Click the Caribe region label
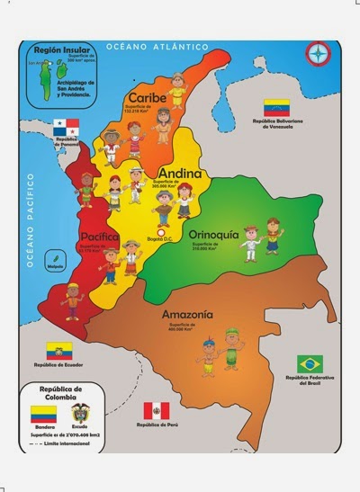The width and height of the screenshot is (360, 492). [145, 97]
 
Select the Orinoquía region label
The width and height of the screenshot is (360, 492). [213, 235]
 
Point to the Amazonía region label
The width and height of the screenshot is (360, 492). [187, 315]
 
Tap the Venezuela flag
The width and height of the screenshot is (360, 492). [275, 107]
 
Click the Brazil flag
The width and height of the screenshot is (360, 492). [310, 363]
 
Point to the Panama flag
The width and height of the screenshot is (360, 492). [66, 127]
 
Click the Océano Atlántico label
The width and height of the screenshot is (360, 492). [157, 46]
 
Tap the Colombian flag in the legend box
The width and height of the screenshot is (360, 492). [43, 414]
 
